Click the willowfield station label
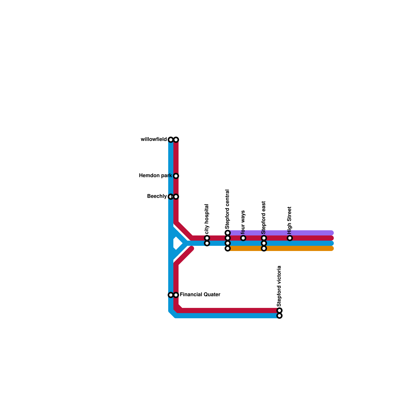(x=154, y=139)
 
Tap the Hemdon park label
(x=155, y=176)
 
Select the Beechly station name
(x=157, y=196)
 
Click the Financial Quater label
(x=200, y=295)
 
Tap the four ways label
(x=243, y=222)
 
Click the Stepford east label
(x=264, y=217)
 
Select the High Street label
(x=290, y=220)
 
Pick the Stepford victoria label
(x=279, y=286)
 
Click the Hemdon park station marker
(x=176, y=176)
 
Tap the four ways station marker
(x=243, y=238)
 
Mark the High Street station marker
(x=290, y=238)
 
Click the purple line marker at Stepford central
(x=228, y=233)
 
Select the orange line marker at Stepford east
(x=264, y=248)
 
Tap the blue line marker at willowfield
(x=171, y=140)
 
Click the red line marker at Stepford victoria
(x=279, y=310)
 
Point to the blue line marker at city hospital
(x=207, y=243)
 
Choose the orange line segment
(x=298, y=248)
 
